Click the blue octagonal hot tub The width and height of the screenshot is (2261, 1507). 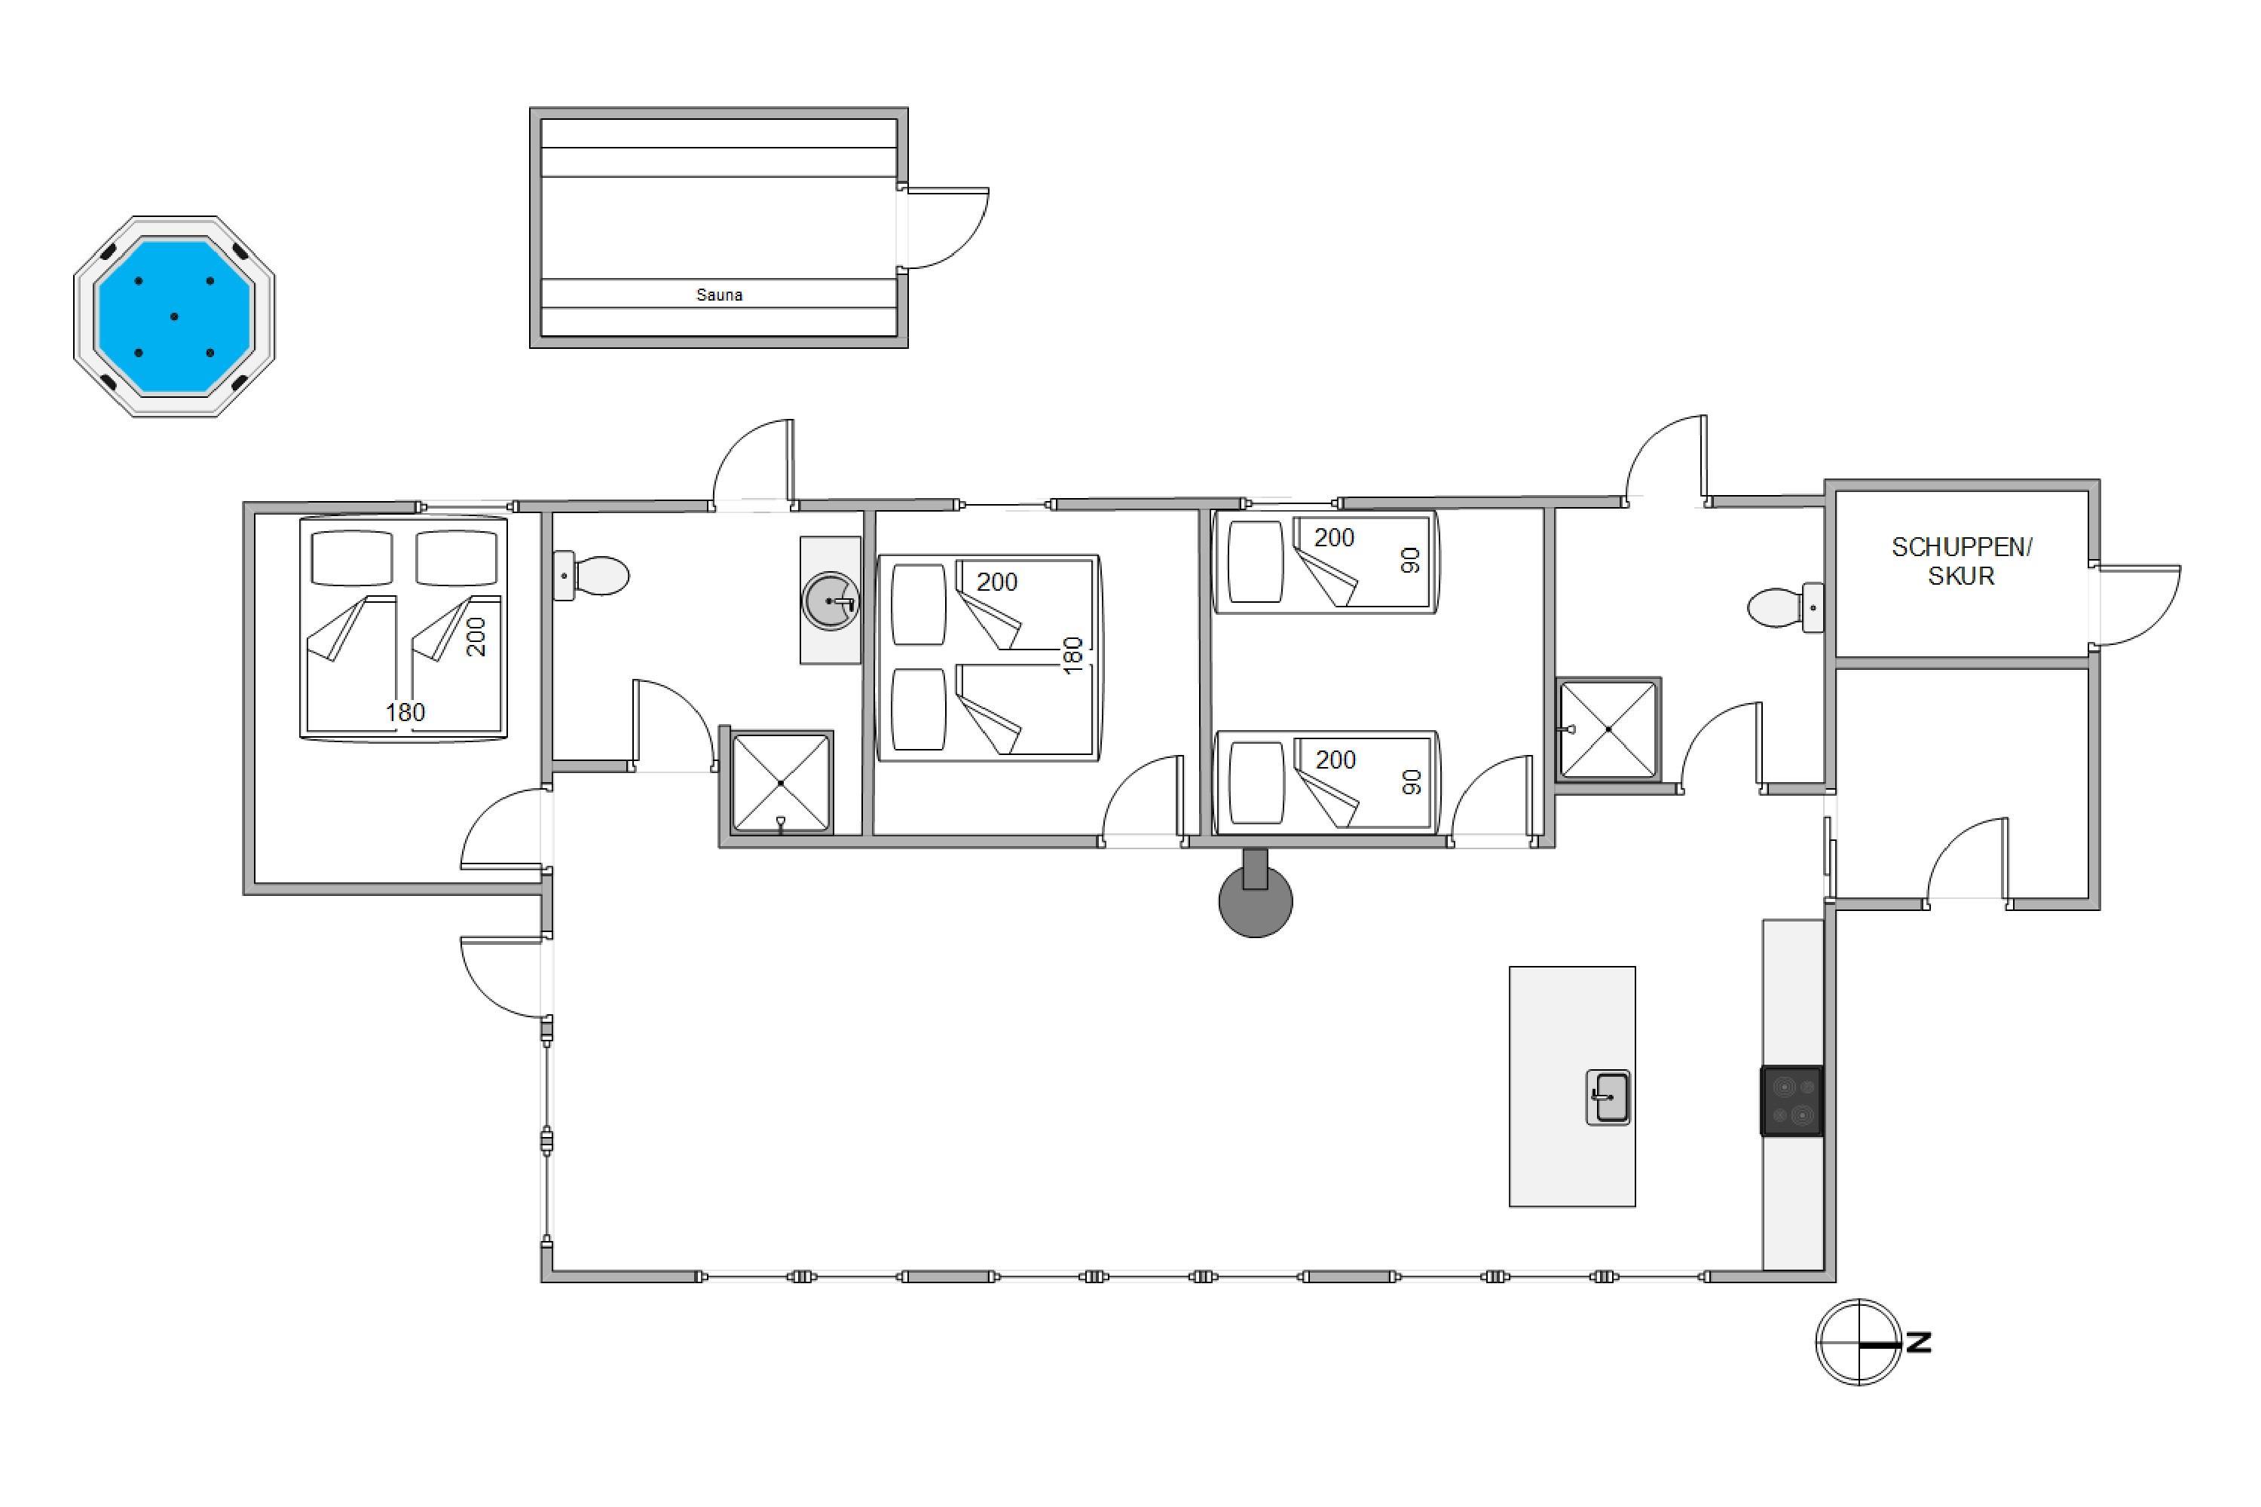(174, 316)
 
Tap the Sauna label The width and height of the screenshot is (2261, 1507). (719, 295)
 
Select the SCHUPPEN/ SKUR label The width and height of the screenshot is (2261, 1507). (1961, 561)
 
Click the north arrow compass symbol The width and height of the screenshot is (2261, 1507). (1859, 1342)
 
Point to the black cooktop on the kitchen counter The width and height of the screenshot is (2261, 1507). (1792, 1100)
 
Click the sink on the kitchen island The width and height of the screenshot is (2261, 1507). (1608, 1098)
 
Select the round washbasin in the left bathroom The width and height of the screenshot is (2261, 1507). (831, 601)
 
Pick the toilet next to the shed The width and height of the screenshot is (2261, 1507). (1785, 607)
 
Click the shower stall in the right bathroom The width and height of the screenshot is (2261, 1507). (1608, 729)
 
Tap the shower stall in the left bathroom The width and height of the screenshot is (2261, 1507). (781, 782)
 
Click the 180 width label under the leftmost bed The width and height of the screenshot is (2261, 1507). (405, 712)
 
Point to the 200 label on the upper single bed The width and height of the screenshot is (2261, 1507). (1334, 537)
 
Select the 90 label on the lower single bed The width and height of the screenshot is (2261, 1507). (1411, 782)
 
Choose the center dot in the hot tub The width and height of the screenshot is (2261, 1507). (174, 316)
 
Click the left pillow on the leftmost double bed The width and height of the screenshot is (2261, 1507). (351, 558)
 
